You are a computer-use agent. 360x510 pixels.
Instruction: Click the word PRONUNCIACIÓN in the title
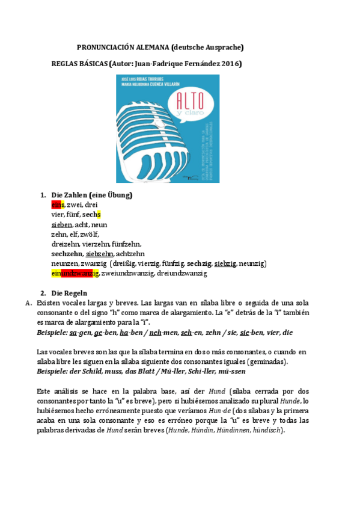pyautogui.click(x=104, y=48)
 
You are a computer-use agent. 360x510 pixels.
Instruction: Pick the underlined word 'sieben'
pyautogui.click(x=62, y=224)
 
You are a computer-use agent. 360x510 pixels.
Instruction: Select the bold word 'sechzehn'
pyautogui.click(x=67, y=254)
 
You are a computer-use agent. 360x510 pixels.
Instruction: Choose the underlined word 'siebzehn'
pyautogui.click(x=99, y=254)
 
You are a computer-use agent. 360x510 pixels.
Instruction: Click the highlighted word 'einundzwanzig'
pyautogui.click(x=75, y=273)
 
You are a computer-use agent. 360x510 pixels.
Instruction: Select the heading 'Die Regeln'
pyautogui.click(x=70, y=293)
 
